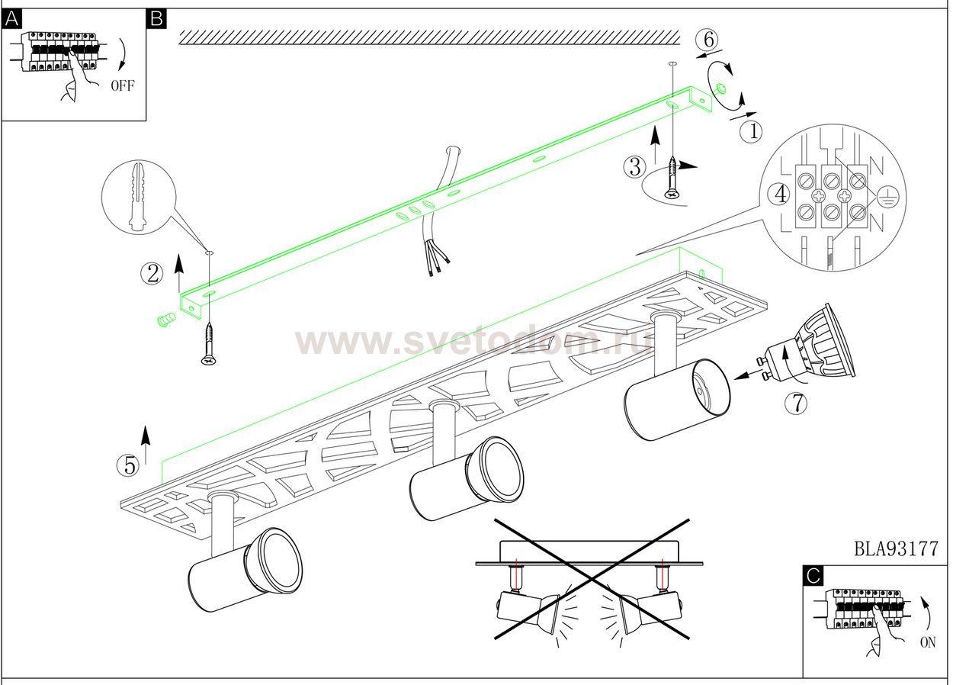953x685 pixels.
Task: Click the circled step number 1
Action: [751, 132]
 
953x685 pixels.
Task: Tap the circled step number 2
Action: [152, 274]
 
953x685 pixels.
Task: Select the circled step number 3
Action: [634, 167]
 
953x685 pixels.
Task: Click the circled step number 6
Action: [707, 40]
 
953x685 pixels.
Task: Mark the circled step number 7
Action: [796, 403]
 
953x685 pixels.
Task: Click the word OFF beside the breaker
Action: [123, 85]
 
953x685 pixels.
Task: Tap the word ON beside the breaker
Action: [928, 642]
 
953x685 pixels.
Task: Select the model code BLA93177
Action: [896, 548]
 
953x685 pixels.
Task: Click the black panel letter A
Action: [11, 20]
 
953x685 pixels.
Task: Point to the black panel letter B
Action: [156, 19]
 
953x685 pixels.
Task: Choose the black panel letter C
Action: [813, 576]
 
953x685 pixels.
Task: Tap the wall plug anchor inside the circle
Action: [138, 196]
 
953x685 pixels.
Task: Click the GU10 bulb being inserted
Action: [807, 344]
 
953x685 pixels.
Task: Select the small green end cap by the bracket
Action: [166, 320]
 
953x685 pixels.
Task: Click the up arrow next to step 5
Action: [146, 445]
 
